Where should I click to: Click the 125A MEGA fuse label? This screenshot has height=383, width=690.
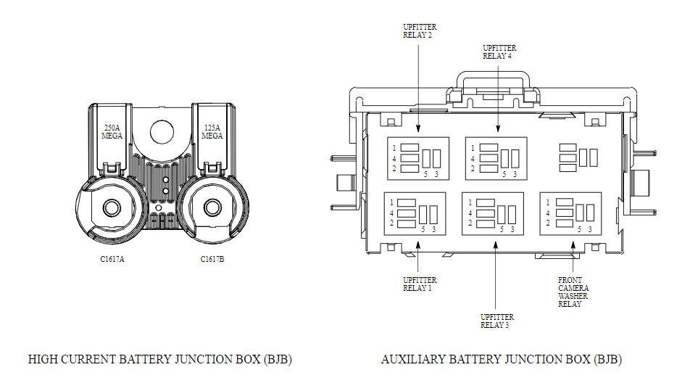click(x=212, y=131)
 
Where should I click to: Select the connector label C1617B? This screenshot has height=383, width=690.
click(x=212, y=259)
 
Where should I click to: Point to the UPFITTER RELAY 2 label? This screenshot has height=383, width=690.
click(x=420, y=31)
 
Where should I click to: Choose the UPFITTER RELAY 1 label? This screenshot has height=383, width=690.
click(x=420, y=284)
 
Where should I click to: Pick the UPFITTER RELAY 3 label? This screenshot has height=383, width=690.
click(x=496, y=321)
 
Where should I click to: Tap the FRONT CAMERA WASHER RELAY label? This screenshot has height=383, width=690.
click(x=573, y=292)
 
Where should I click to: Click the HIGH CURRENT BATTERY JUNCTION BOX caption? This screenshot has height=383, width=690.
click(x=159, y=359)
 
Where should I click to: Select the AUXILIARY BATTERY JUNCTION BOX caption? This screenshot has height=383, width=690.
click(x=501, y=359)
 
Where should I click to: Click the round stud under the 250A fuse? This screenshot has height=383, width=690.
click(x=111, y=207)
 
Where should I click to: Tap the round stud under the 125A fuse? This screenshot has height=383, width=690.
click(x=212, y=207)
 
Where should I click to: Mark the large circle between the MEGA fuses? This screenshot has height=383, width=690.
click(x=161, y=131)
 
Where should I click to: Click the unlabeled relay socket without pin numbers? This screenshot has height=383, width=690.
click(x=578, y=157)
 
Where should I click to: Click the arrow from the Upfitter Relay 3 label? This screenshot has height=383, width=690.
click(x=496, y=276)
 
